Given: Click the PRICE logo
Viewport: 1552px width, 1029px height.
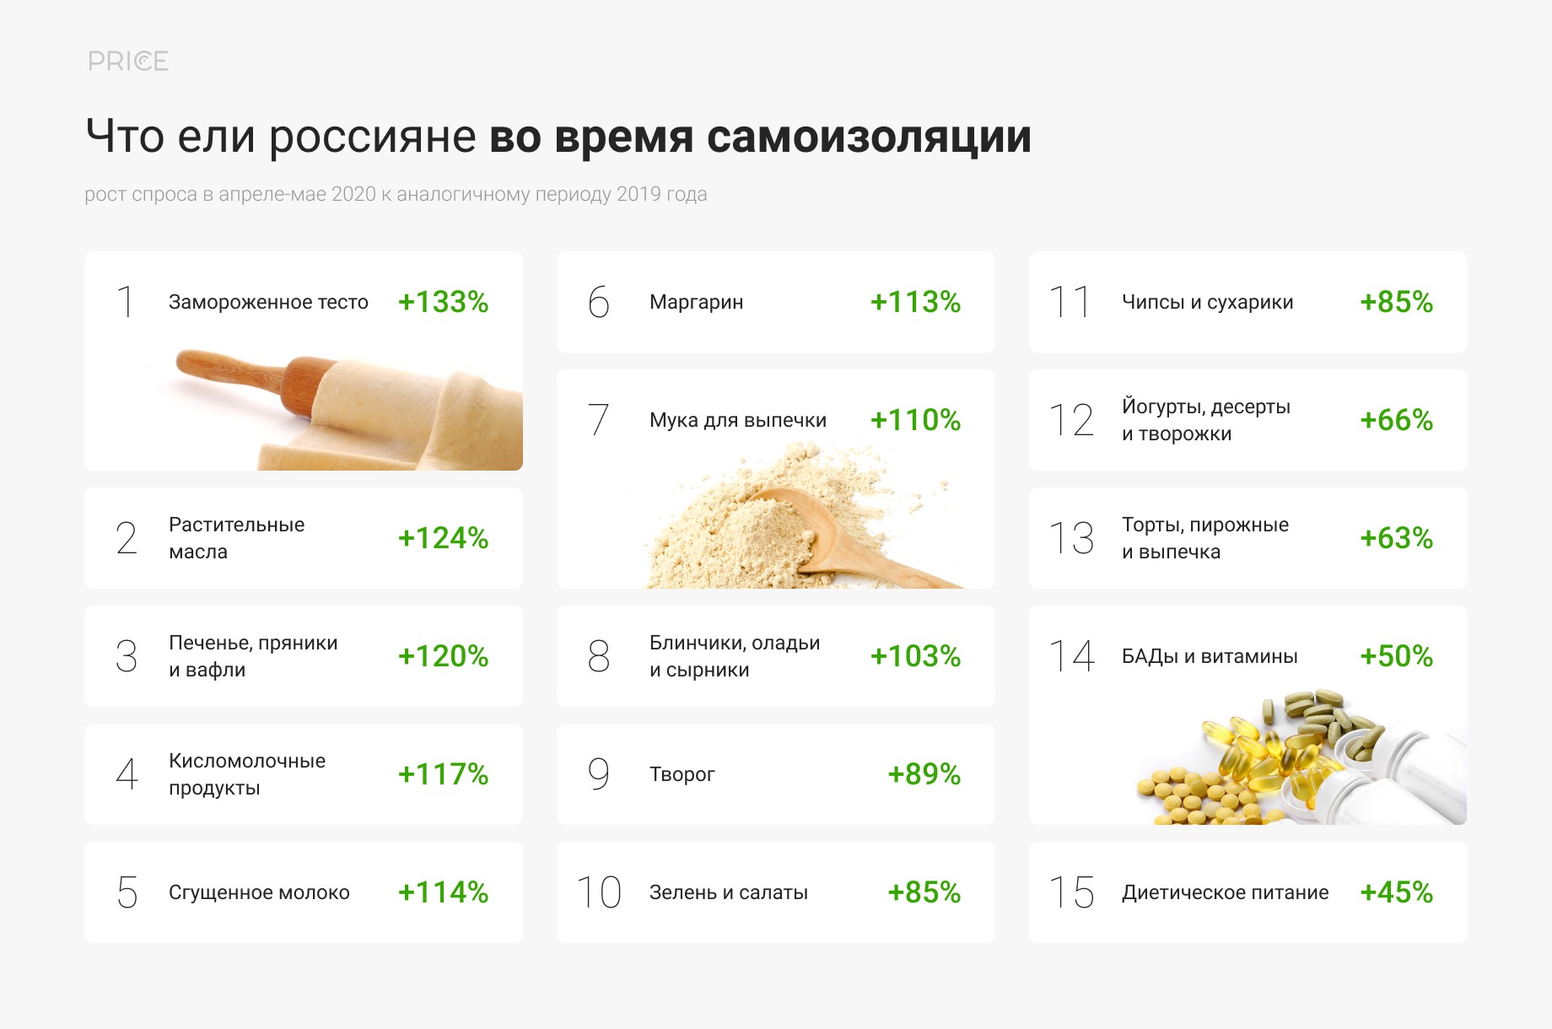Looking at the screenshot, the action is [x=128, y=61].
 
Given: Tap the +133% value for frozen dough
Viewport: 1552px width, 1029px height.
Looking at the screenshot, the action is [x=443, y=302].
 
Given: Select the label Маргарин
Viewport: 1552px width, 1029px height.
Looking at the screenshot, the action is [x=696, y=302].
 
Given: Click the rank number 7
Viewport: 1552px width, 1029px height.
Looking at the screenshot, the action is [x=598, y=419].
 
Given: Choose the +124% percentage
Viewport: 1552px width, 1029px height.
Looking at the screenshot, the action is [x=443, y=538].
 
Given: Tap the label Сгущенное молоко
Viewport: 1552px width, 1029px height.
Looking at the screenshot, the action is [x=259, y=892].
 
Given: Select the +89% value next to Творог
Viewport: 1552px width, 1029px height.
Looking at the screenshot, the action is [x=924, y=774].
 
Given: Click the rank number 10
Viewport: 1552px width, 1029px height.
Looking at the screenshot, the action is [x=599, y=892].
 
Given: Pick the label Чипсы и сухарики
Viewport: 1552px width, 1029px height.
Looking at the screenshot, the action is [x=1207, y=302].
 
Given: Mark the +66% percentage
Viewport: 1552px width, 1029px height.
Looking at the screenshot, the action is [x=1396, y=420].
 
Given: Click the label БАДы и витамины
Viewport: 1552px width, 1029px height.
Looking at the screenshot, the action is [x=1210, y=656].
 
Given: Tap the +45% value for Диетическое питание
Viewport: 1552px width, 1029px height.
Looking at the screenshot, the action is [x=1396, y=892].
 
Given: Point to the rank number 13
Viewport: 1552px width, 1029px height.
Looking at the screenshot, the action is [x=1071, y=538].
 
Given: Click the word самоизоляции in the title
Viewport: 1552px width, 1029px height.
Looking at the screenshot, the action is [x=869, y=137].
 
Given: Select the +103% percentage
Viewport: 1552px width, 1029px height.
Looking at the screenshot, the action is [x=915, y=656].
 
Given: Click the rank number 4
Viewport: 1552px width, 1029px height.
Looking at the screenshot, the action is [x=127, y=774].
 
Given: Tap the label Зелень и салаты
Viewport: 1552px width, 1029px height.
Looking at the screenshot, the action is [x=729, y=892].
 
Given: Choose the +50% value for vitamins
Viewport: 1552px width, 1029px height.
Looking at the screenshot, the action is [x=1396, y=656].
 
